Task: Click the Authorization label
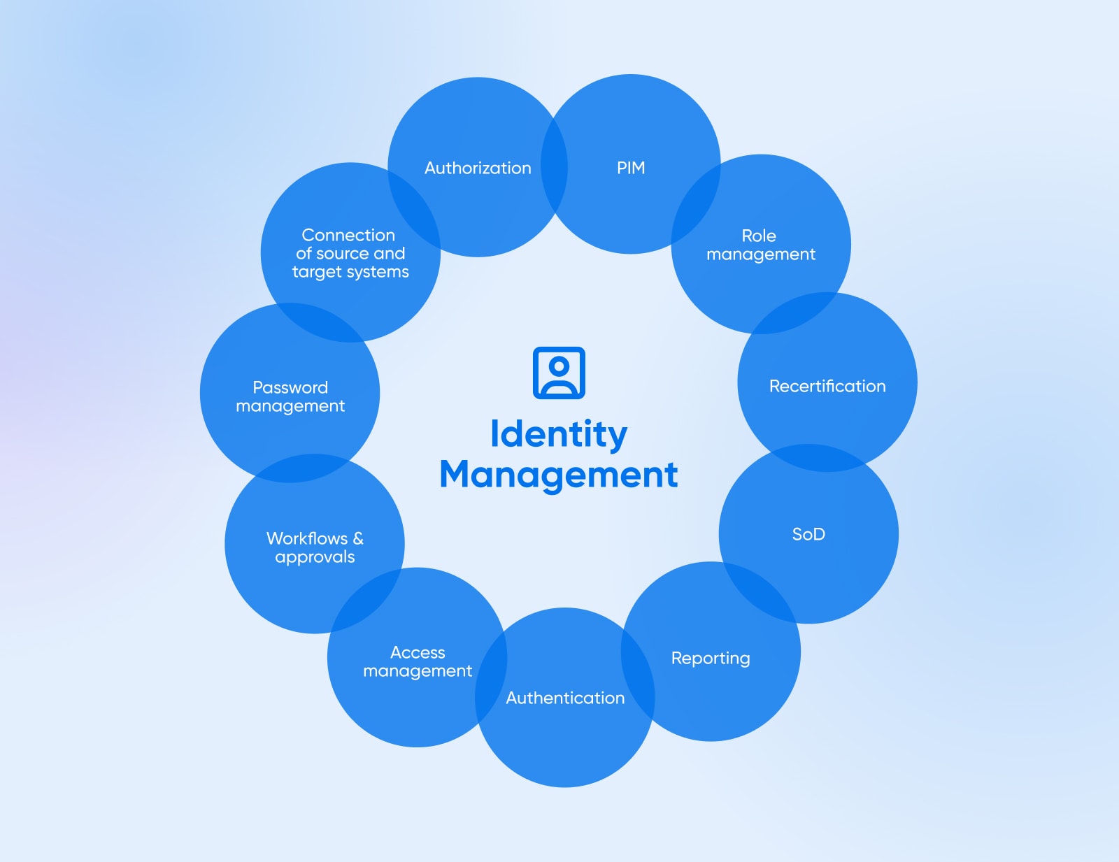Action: [x=478, y=168]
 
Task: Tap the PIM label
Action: [x=631, y=168]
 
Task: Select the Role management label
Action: [x=760, y=245]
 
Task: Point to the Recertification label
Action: [x=827, y=387]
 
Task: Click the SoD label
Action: [x=808, y=535]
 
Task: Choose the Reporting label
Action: [x=711, y=659]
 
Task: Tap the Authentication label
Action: [x=565, y=698]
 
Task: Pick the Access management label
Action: [x=418, y=662]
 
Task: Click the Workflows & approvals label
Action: [x=315, y=547]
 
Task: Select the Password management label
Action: [x=290, y=396]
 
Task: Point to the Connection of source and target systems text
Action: [x=350, y=253]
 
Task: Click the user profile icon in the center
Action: [x=559, y=373]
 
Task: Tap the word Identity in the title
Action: [x=559, y=434]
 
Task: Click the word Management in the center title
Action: [x=559, y=475]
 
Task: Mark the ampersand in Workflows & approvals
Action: [x=358, y=538]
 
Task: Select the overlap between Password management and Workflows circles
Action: [x=301, y=468]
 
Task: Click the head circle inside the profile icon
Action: [x=559, y=365]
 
